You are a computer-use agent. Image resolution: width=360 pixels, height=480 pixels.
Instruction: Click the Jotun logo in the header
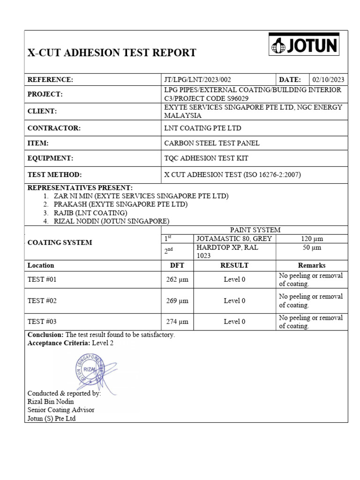304,46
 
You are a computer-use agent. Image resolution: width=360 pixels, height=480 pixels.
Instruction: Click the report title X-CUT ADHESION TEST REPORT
112,52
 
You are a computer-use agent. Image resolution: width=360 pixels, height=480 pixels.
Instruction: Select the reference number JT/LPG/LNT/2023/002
197,80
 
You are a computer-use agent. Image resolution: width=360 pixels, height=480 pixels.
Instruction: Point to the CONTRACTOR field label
54,128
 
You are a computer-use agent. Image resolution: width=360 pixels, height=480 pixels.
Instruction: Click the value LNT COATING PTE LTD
202,128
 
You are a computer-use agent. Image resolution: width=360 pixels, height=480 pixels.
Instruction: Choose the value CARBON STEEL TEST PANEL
211,143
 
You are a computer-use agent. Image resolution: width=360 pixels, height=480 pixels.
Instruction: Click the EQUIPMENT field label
52,158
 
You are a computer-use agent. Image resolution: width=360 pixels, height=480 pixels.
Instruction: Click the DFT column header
177,265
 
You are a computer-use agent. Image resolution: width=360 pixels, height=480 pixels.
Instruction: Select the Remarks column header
312,265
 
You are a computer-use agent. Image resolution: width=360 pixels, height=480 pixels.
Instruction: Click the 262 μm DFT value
177,280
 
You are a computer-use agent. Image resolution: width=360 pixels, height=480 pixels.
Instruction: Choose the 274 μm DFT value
177,322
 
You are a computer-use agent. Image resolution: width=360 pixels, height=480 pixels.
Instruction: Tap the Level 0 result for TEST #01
234,280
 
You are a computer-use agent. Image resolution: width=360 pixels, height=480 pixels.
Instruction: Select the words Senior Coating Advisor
61,410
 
